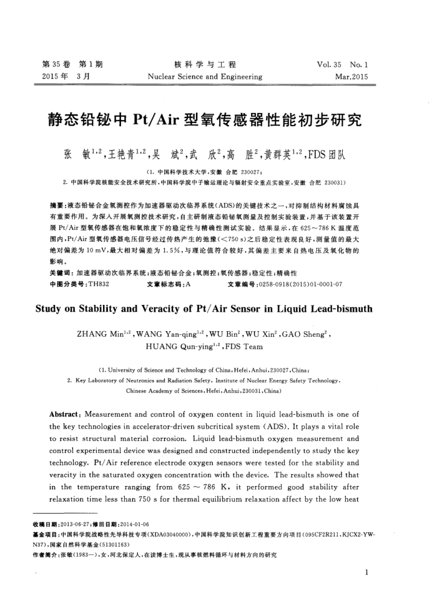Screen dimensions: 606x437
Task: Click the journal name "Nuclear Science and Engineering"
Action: click(205, 77)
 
